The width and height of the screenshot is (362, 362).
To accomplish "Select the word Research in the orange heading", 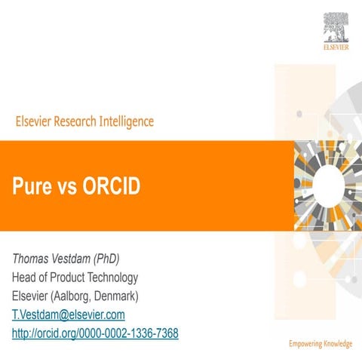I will [x=76, y=121].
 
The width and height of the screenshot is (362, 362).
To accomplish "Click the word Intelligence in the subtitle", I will [x=127, y=121].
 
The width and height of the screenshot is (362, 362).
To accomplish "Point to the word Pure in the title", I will [x=29, y=187].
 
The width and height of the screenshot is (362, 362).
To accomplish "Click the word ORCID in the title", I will [x=112, y=187].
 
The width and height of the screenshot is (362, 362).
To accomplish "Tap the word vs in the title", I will [x=66, y=187].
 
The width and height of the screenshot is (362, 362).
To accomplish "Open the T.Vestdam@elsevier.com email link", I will [x=68, y=314].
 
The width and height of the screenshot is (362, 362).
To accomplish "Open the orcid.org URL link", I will [x=94, y=333].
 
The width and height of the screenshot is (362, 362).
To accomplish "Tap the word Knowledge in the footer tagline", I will [x=338, y=345].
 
